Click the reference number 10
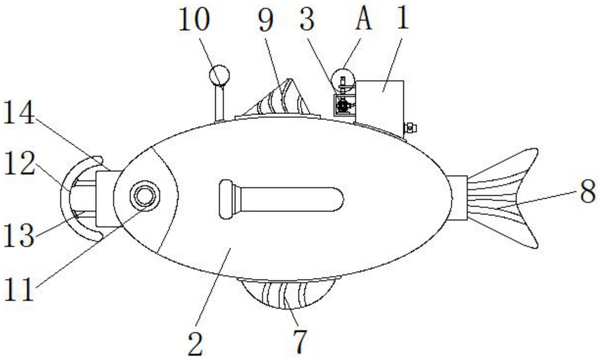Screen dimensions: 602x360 [x=194, y=19]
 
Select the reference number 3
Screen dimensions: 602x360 [x=308, y=19]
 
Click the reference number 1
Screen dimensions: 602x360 [x=403, y=19]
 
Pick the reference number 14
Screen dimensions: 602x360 [x=19, y=112]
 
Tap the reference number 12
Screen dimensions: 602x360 [x=19, y=163]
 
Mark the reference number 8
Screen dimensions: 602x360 [x=588, y=192]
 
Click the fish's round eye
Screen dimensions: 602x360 [x=145, y=196]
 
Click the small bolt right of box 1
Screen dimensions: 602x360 [x=410, y=128]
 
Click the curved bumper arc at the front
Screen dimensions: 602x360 [x=65, y=198]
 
